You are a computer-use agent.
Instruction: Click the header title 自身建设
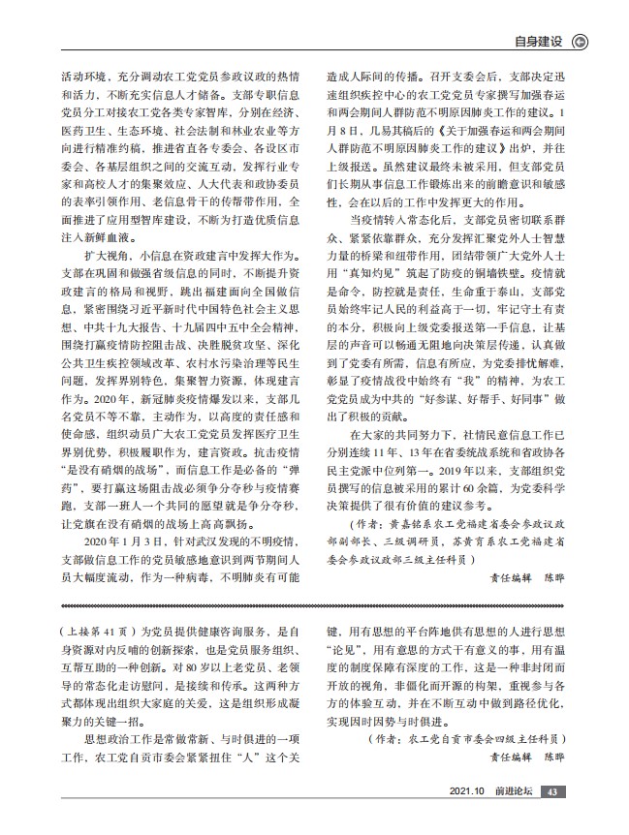pyautogui.click(x=539, y=42)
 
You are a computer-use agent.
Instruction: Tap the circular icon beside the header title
pyautogui.click(x=579, y=42)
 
